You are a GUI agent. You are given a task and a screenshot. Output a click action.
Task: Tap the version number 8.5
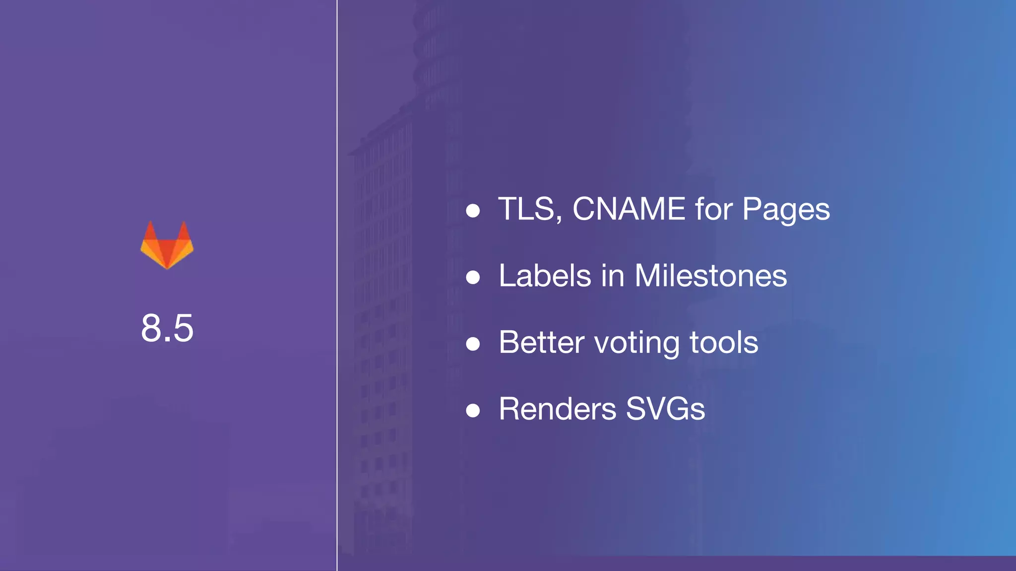pyautogui.click(x=167, y=328)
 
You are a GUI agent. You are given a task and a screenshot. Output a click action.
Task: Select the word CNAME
pyautogui.click(x=629, y=209)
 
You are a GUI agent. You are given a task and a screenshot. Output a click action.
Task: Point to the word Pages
pyautogui.click(x=786, y=210)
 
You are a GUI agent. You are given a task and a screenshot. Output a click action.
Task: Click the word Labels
pyautogui.click(x=545, y=276)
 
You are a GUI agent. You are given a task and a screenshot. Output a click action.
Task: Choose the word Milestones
pyautogui.click(x=710, y=276)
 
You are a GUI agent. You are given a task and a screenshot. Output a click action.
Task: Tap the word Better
pyautogui.click(x=542, y=342)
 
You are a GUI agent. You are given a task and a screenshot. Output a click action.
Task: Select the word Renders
pyautogui.click(x=557, y=409)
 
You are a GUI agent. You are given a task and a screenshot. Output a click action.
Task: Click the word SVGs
pyautogui.click(x=665, y=409)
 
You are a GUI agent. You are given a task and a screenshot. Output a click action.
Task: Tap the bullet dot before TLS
pyautogui.click(x=473, y=211)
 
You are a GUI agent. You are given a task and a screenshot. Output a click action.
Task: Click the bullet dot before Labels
pyautogui.click(x=473, y=278)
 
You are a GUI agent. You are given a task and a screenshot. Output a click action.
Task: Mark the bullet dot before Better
pyautogui.click(x=473, y=344)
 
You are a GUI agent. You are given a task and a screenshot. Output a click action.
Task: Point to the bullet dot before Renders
pyautogui.click(x=473, y=411)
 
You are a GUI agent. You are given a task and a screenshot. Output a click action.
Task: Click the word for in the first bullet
pyautogui.click(x=713, y=209)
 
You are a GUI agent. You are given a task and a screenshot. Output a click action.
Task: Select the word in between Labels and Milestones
pyautogui.click(x=613, y=276)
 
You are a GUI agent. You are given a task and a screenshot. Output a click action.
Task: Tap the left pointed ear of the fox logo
pyautogui.click(x=150, y=230)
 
